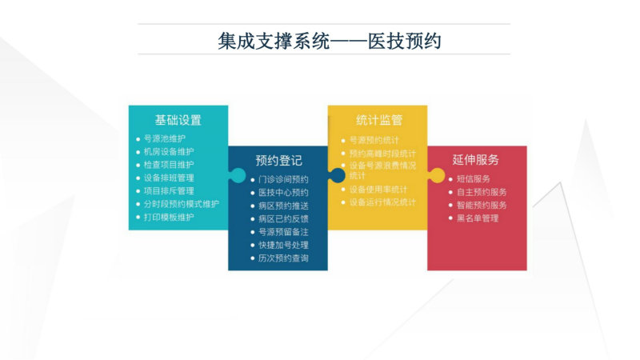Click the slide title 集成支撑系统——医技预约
tap(330, 41)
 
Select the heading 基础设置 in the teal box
tap(178, 120)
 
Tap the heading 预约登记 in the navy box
tap(278, 161)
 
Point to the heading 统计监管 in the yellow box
tap(379, 120)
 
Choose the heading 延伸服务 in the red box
tap(475, 159)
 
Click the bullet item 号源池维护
tap(165, 138)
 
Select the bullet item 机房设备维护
tap(169, 152)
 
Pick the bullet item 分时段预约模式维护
tap(182, 204)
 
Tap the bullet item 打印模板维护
tap(169, 217)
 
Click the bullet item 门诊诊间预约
tap(283, 179)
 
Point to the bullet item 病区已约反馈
tap(283, 218)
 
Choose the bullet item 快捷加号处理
tap(283, 245)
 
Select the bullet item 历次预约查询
tap(283, 258)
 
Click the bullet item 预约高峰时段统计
tap(382, 154)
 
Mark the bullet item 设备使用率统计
tap(378, 190)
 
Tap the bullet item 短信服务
tap(474, 178)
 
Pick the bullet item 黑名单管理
tap(478, 218)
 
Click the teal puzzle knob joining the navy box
tap(238, 175)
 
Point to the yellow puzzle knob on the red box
tap(437, 175)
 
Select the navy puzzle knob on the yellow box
tap(337, 175)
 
